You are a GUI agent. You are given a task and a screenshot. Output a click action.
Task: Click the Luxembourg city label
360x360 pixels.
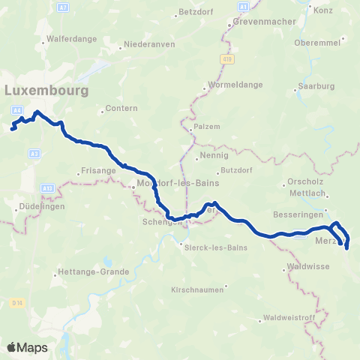(x=46, y=90)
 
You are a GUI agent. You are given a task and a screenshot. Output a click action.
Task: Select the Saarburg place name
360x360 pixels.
(x=316, y=85)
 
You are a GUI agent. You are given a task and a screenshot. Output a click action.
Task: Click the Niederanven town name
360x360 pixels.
(x=145, y=45)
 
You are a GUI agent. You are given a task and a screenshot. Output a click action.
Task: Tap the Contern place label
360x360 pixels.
(x=121, y=108)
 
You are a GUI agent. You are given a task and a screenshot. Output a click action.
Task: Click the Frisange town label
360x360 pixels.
(x=95, y=171)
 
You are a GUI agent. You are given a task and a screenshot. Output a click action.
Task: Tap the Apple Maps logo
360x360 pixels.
(x=26, y=347)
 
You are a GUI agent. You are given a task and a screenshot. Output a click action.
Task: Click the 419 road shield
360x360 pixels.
(x=226, y=58)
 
